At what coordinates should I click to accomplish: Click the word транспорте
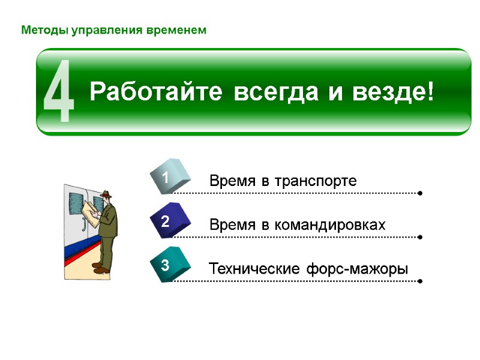[316, 181]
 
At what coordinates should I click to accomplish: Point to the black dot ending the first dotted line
[419, 193]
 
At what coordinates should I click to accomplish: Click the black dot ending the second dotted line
[419, 237]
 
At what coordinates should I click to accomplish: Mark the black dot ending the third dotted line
[419, 281]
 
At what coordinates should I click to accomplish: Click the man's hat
[106, 194]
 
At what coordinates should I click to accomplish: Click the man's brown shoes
[101, 268]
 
